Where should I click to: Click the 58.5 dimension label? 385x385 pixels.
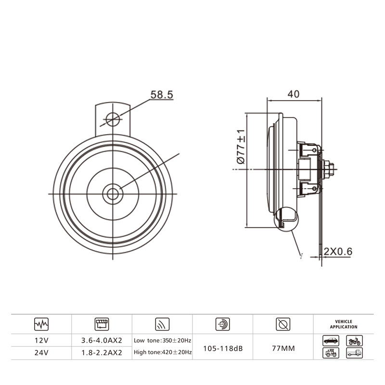point(162,95)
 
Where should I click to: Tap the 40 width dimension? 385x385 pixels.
point(294,94)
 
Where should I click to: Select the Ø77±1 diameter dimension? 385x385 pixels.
point(241,147)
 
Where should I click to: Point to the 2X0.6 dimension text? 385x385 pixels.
point(338,251)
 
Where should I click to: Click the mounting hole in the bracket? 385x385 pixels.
point(113,119)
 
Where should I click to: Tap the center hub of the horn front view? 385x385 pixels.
point(113,194)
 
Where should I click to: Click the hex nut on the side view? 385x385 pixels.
point(328,169)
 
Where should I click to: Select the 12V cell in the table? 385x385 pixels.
point(41,340)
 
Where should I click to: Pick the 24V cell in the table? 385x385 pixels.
point(41,353)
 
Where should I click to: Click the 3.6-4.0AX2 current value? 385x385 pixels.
point(102,340)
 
